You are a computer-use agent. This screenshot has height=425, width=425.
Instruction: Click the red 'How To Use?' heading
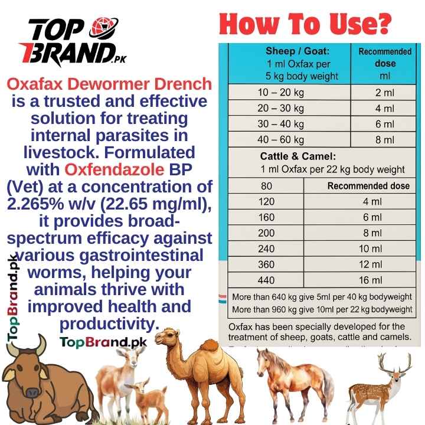pyautogui.click(x=305, y=24)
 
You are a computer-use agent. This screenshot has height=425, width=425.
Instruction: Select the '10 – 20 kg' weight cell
pyautogui.click(x=280, y=93)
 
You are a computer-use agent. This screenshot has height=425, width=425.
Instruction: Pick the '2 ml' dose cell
pyautogui.click(x=385, y=93)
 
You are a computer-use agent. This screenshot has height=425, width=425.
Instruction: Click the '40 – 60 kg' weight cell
pyautogui.click(x=280, y=140)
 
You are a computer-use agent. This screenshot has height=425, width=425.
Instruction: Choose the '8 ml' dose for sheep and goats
pyautogui.click(x=385, y=140)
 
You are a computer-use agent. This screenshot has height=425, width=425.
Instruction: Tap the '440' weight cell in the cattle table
pyautogui.click(x=266, y=279)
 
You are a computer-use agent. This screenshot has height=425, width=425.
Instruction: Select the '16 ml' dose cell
pyautogui.click(x=372, y=279)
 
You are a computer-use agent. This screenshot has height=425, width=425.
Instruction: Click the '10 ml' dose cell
pyautogui.click(x=372, y=249)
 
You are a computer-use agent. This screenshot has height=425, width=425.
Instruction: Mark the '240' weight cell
pyautogui.click(x=266, y=249)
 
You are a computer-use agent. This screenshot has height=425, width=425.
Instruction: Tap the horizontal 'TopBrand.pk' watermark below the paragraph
pyautogui.click(x=103, y=341)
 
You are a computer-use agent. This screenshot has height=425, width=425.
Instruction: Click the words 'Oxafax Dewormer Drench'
pyautogui.click(x=108, y=84)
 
